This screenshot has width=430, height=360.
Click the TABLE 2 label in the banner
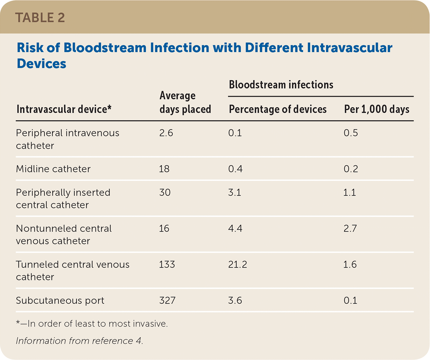40,18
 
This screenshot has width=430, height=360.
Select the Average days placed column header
185,102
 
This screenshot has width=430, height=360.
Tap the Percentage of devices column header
278,109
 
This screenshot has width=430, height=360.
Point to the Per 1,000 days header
377,109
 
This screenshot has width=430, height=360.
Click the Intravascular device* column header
64,109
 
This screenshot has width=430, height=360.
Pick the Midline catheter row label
53,169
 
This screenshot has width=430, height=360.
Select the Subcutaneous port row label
60,300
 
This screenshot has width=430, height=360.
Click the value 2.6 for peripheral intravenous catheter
166,133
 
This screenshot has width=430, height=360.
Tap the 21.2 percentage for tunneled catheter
237,264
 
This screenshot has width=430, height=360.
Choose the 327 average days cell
167,300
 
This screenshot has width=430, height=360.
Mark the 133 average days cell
167,264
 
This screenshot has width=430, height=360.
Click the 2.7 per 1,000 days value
350,228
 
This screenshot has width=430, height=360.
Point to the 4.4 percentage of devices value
235,228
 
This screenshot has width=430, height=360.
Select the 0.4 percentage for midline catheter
235,169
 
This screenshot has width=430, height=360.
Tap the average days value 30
165,192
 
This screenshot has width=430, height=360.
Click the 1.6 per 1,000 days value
350,264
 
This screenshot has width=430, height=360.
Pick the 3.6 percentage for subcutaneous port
235,300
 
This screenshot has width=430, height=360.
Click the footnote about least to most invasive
92,324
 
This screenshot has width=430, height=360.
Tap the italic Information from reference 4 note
79,341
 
